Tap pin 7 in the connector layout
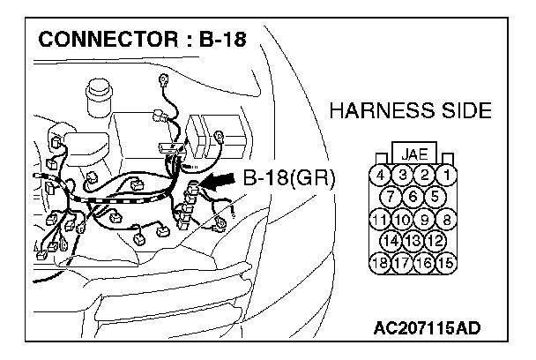[391, 196]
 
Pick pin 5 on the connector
[434, 196]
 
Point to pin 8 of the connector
[448, 219]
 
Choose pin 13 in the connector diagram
[413, 241]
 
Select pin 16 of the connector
[425, 262]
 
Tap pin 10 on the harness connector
[402, 219]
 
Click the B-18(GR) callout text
[288, 177]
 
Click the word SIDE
[465, 111]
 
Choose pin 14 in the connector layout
[391, 241]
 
